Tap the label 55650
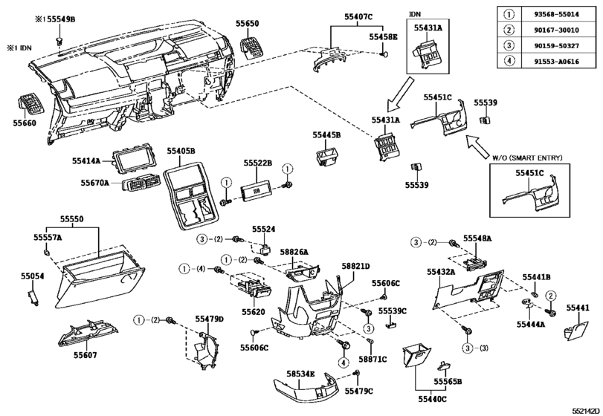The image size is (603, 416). (x=251, y=25)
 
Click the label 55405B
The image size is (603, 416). (x=181, y=151)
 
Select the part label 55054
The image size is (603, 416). (x=32, y=276)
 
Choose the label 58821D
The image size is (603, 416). (x=355, y=266)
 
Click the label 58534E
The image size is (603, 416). (x=301, y=374)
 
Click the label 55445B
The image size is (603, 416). (x=326, y=135)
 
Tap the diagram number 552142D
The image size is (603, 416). (x=586, y=409)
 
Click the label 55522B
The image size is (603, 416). (x=259, y=162)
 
